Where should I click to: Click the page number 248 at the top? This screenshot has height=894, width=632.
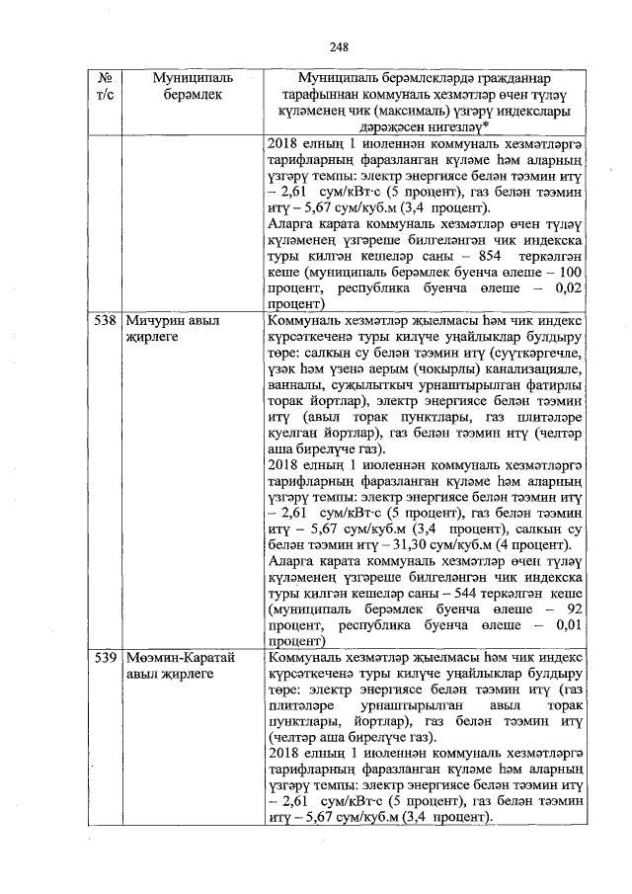(339, 46)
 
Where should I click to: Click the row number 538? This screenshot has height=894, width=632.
(105, 321)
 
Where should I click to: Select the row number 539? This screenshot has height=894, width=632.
(105, 658)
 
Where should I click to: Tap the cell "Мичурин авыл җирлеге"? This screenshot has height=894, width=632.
(172, 329)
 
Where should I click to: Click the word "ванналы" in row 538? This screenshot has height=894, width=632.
(295, 388)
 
